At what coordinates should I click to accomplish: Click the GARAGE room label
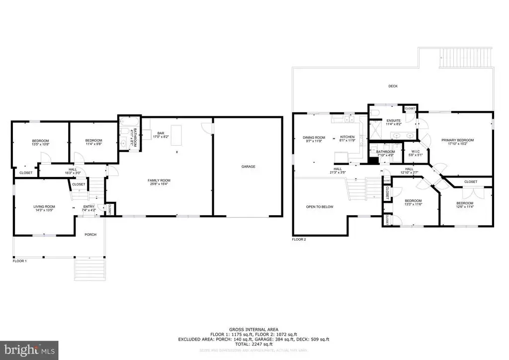pyautogui.click(x=248, y=167)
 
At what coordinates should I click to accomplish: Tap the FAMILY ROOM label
pyautogui.click(x=159, y=180)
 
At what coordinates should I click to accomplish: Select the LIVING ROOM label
pyautogui.click(x=44, y=206)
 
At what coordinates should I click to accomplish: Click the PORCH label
pyautogui.click(x=90, y=235)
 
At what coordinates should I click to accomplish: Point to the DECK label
pyautogui.click(x=393, y=86)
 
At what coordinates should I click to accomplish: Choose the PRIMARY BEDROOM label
pyautogui.click(x=457, y=140)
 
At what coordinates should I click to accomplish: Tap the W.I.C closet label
pyautogui.click(x=413, y=151)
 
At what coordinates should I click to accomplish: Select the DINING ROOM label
pyautogui.click(x=314, y=138)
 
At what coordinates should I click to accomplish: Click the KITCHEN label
pyautogui.click(x=346, y=138)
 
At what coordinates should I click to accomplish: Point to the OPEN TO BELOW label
pyautogui.click(x=320, y=206)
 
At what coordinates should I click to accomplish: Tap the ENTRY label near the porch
pyautogui.click(x=89, y=206)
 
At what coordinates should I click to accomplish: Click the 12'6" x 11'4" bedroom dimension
pyautogui.click(x=465, y=207)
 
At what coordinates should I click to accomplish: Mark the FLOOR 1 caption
pyautogui.click(x=20, y=260)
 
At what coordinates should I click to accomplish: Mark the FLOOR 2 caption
pyautogui.click(x=299, y=239)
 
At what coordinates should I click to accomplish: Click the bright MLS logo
pyautogui.click(x=29, y=350)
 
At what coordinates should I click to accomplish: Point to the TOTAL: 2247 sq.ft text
pyautogui.click(x=254, y=344)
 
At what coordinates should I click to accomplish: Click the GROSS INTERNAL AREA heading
pyautogui.click(x=254, y=329)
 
